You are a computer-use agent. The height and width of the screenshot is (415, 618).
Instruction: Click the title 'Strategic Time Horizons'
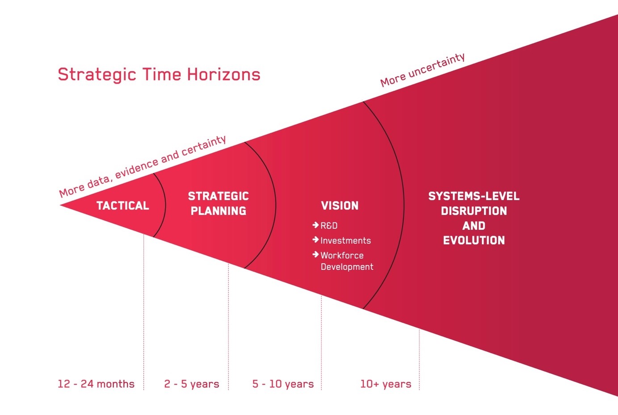pyautogui.click(x=159, y=75)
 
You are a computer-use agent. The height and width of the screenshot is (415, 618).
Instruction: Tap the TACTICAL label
pyautogui.click(x=123, y=205)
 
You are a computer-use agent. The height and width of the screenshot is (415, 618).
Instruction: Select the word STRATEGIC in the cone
pyautogui.click(x=218, y=196)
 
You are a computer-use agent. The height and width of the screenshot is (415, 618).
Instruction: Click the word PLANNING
pyautogui.click(x=218, y=211)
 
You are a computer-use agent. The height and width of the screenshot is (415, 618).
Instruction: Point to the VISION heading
pyautogui.click(x=340, y=205)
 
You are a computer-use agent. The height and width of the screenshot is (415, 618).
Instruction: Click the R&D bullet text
pyautogui.click(x=329, y=226)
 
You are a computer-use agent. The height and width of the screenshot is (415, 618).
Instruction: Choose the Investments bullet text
pyautogui.click(x=346, y=240)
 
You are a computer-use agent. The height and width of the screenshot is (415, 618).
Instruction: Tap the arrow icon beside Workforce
pyautogui.click(x=315, y=254)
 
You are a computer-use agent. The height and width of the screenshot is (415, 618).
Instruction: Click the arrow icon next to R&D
pyautogui.click(x=315, y=225)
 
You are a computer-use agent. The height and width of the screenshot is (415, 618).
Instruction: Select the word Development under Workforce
pyautogui.click(x=347, y=267)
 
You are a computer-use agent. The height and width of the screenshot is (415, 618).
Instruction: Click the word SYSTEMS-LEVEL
pyautogui.click(x=474, y=196)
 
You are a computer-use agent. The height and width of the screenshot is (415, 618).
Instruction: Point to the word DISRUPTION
pyautogui.click(x=474, y=211)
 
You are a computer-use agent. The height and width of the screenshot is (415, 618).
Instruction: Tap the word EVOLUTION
pyautogui.click(x=474, y=240)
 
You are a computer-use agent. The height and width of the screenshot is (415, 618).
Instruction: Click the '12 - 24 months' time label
pyautogui.click(x=96, y=384)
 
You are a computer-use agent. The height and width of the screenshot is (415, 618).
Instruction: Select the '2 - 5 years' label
pyautogui.click(x=191, y=384)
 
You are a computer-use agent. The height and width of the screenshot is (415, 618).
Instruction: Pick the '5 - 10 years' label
pyautogui.click(x=283, y=384)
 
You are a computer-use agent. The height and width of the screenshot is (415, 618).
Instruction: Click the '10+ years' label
pyautogui.click(x=386, y=384)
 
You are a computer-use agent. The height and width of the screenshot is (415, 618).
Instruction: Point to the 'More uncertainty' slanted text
pyautogui.click(x=423, y=70)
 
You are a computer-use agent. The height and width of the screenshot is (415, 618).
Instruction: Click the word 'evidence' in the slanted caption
pyautogui.click(x=137, y=169)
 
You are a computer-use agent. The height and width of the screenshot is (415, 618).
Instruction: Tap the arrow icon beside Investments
pyautogui.click(x=315, y=240)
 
